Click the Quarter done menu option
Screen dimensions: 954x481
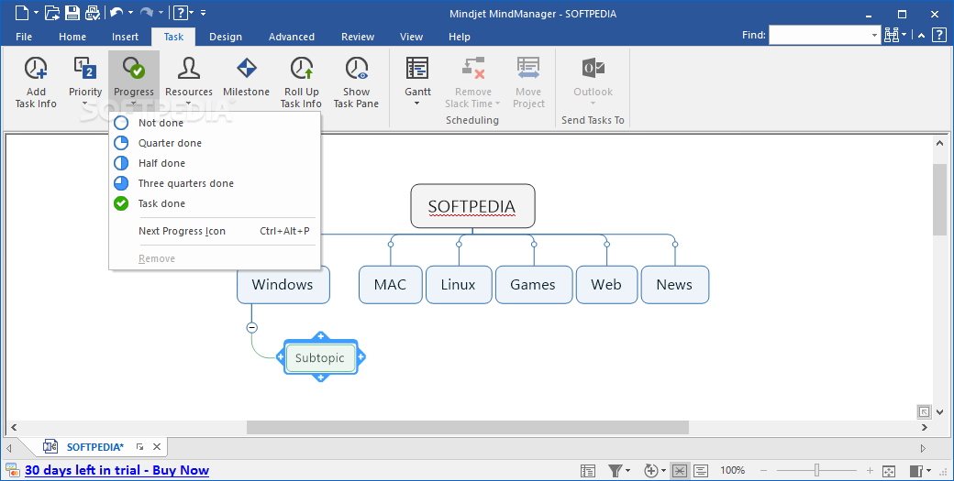coord(170,143)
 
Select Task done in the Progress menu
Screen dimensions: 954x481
coord(161,203)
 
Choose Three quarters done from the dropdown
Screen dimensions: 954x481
coord(185,183)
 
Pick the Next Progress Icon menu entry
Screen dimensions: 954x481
coord(182,232)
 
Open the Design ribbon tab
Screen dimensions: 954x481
coord(226,37)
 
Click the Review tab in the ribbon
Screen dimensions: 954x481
coord(358,37)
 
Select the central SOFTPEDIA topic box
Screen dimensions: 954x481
coord(472,206)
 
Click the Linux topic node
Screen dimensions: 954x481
coord(458,285)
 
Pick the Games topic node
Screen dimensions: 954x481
coord(533,285)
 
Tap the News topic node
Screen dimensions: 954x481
coord(675,285)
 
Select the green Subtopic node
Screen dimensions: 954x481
coord(320,357)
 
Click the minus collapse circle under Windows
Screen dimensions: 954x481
coord(252,327)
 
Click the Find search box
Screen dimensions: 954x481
coord(825,35)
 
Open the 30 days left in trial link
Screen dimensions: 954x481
coord(116,470)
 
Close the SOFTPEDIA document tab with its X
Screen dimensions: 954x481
coord(157,447)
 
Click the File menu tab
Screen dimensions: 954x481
coord(24,37)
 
